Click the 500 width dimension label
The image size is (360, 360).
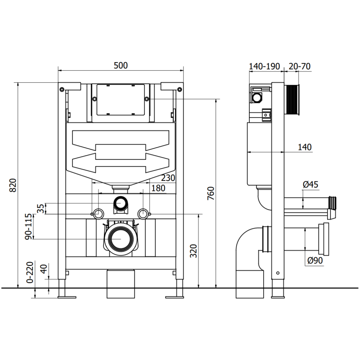click(x=121, y=66)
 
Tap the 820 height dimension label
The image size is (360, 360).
click(x=13, y=185)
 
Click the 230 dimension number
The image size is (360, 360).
click(x=168, y=178)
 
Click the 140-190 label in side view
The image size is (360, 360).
click(x=265, y=66)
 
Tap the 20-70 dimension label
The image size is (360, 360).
click(x=299, y=66)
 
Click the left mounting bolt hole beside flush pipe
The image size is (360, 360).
click(x=96, y=213)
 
